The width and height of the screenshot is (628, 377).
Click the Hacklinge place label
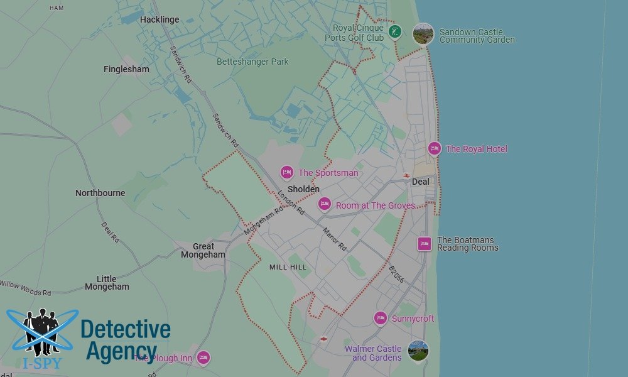coord(160,19)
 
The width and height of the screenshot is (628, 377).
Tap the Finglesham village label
coord(126,69)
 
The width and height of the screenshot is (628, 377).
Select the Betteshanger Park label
coord(252,62)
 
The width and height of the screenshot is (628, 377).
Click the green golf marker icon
coord(394,31)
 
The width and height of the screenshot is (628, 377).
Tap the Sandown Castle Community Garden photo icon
coord(423,34)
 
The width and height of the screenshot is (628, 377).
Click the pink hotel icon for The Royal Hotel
coord(434,149)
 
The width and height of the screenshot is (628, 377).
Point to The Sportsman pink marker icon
coord(287,172)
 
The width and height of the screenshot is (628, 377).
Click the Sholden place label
coord(303,189)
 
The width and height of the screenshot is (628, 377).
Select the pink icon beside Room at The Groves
coord(324,204)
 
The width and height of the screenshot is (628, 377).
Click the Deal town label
coord(420,182)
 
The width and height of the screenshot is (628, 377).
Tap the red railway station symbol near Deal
coord(406,175)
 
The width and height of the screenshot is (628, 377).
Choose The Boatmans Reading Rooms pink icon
coord(425,244)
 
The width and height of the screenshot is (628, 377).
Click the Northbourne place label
coord(100,193)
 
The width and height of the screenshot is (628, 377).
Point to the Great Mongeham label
coord(203,251)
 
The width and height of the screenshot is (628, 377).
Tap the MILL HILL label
coord(288,267)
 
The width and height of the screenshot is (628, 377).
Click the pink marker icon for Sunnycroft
coord(380,318)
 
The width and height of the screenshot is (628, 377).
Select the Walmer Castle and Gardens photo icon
coord(418,351)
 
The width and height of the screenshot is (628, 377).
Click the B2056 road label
coord(396,275)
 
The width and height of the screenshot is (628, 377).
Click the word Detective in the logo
coord(125,329)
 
